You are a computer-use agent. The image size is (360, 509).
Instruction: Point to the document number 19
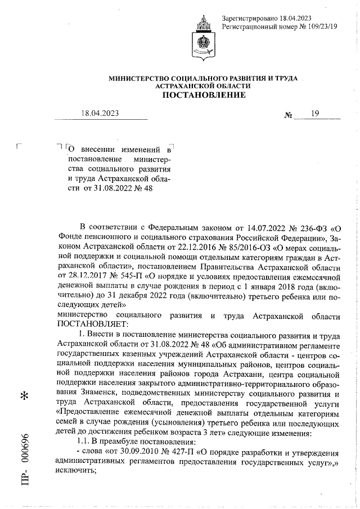(x=314, y=114)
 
